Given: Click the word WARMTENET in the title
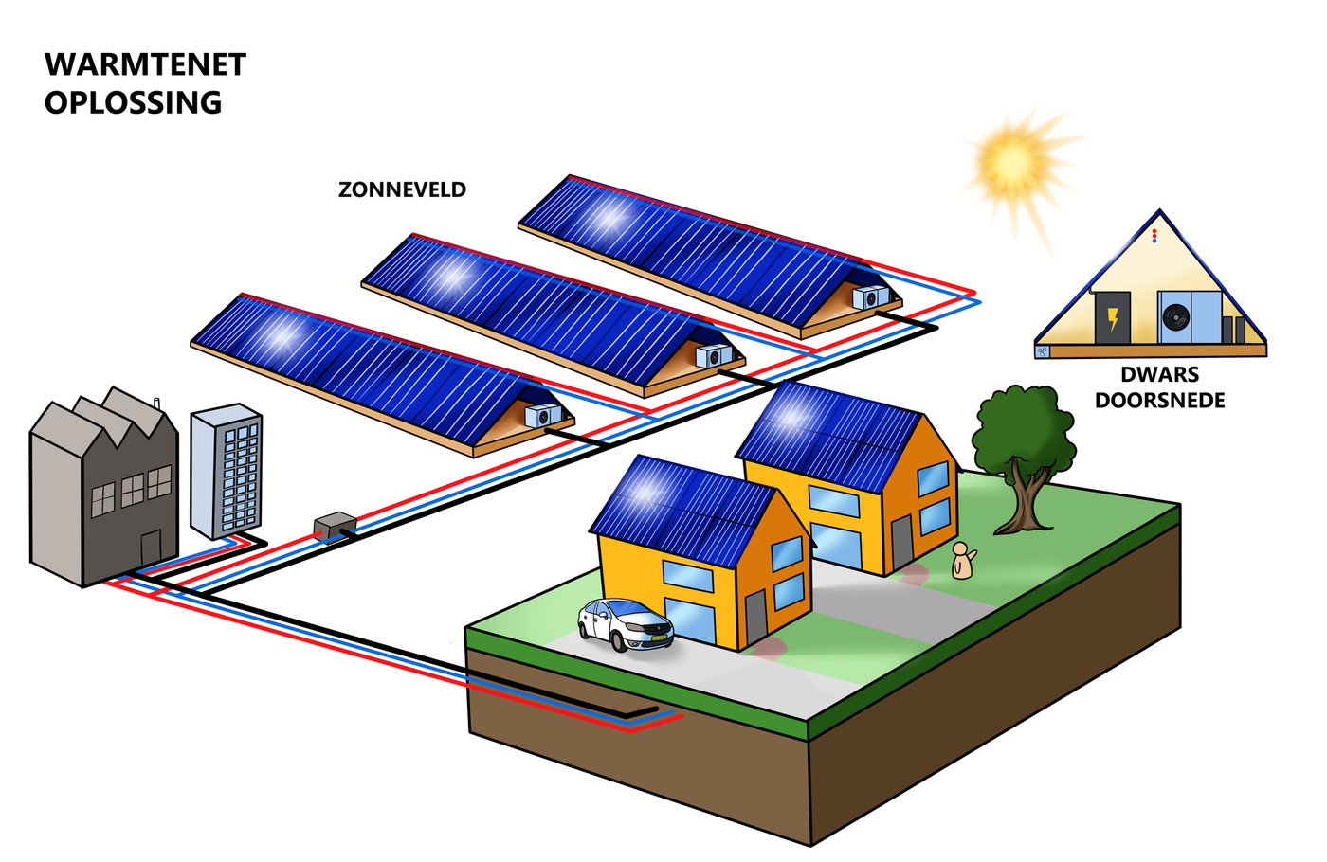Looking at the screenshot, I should coord(145,65).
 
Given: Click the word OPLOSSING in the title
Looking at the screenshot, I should coord(133,102).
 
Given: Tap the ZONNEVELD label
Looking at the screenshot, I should coord(402,189).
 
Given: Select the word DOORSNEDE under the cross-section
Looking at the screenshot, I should coord(1159,401).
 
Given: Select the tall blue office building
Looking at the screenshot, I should coord(226,472).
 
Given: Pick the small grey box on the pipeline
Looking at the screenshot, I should coord(335,526).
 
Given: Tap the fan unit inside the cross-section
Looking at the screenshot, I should coord(1176,316).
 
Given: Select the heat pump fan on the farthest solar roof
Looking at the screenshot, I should coord(869,298).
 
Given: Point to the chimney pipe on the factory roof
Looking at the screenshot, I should coord(156,404).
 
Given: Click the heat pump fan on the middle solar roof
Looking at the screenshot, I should coord(713,357).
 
